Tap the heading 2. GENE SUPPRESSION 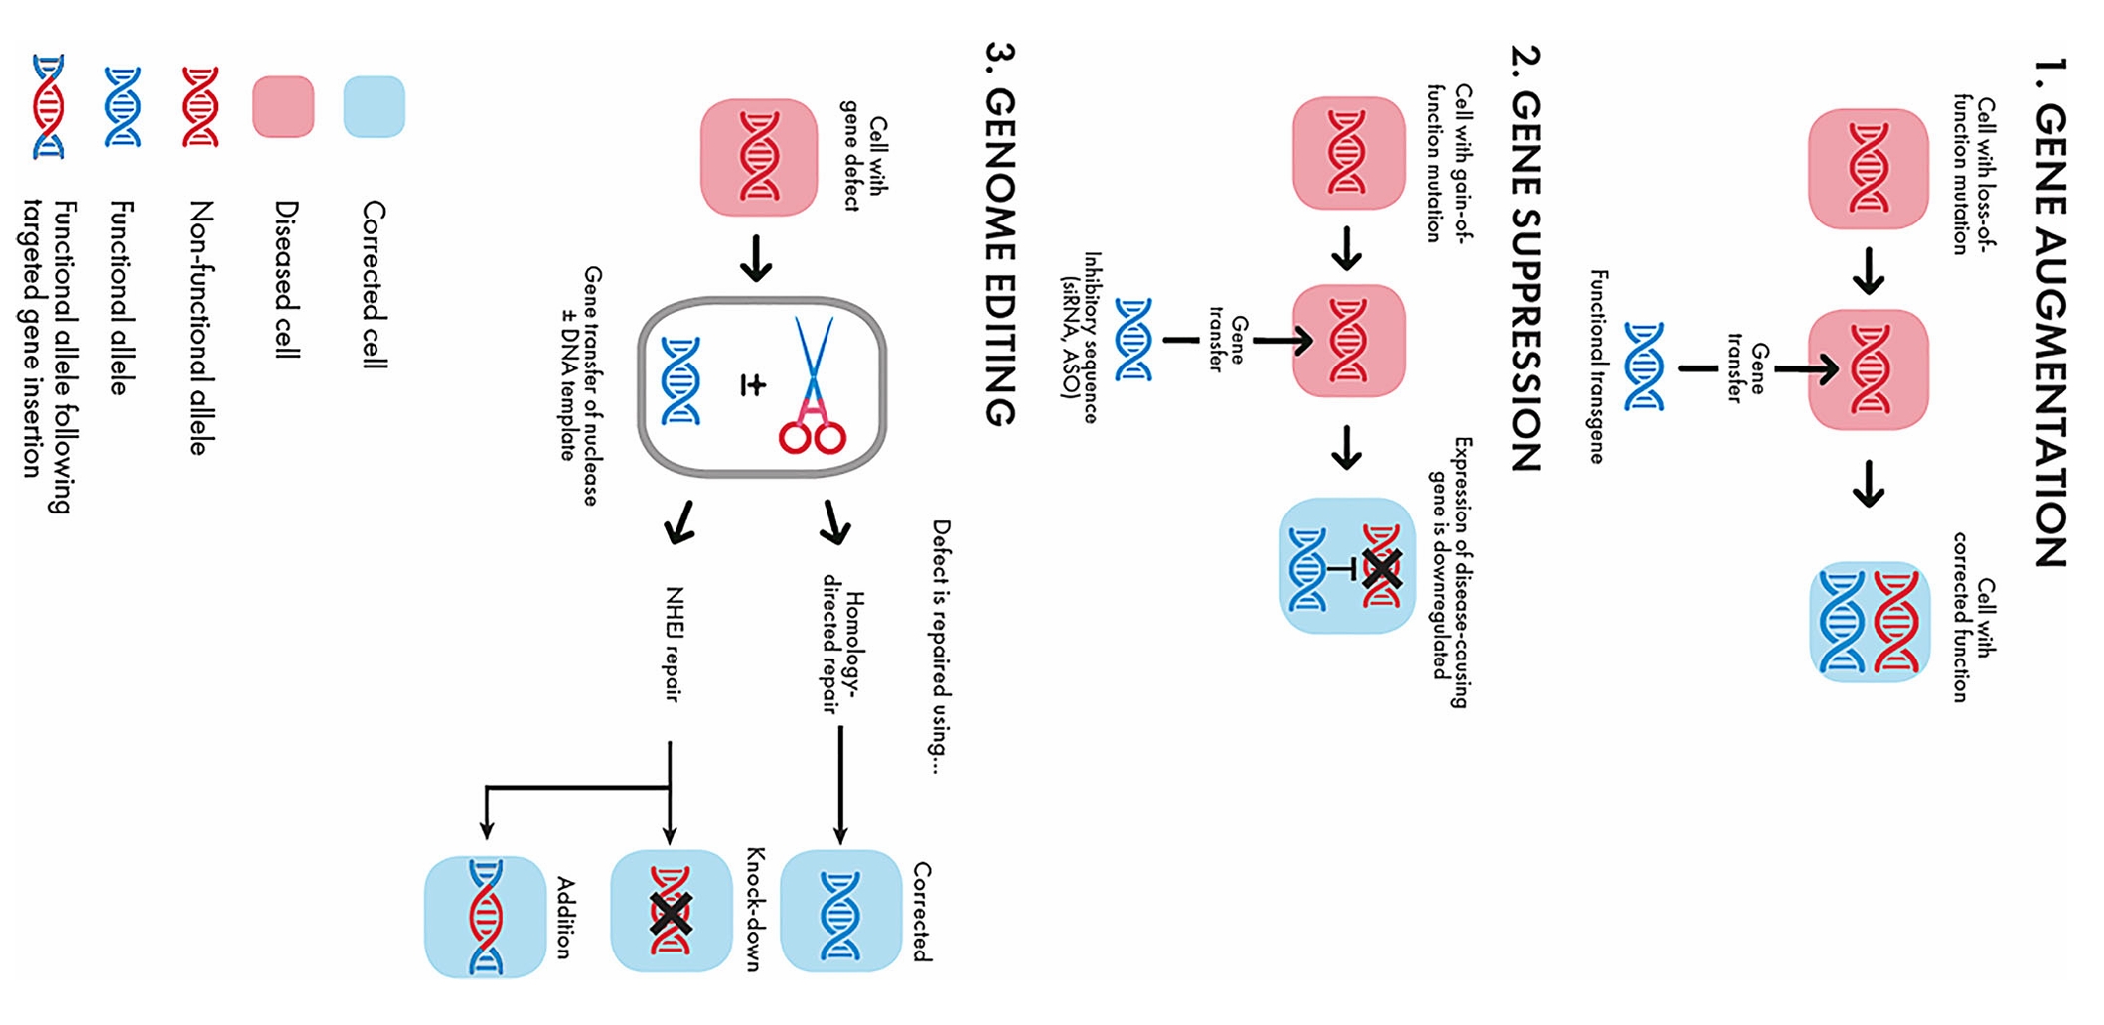1526,258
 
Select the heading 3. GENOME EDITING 1000,234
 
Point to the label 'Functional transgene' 1597,366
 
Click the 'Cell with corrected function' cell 1869,622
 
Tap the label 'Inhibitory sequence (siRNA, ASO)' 1081,338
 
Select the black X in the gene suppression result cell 1382,568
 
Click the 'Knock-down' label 754,909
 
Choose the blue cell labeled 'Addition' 486,916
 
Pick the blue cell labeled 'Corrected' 840,911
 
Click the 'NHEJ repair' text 674,644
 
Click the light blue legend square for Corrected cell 374,106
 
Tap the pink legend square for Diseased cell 283,106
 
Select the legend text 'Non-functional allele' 200,328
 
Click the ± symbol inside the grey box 753,385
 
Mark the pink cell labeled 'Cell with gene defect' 759,157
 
